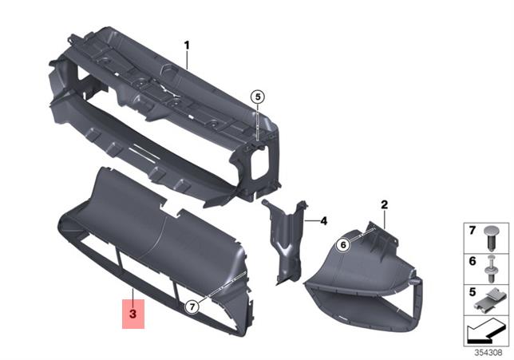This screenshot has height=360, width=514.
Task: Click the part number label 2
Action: pyautogui.click(x=384, y=205)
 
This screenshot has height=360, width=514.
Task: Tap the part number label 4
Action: pyautogui.click(x=325, y=220)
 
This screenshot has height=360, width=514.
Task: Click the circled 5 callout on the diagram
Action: pyautogui.click(x=256, y=97)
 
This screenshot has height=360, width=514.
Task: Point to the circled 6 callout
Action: pyautogui.click(x=342, y=246)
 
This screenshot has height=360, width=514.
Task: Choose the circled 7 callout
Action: pyautogui.click(x=192, y=307)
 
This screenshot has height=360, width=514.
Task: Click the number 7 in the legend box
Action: pyautogui.click(x=471, y=231)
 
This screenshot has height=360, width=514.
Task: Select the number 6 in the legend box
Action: pyautogui.click(x=471, y=261)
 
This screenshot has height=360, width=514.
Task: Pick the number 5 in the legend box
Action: pyautogui.click(x=471, y=293)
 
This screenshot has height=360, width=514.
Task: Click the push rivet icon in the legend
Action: pyautogui.click(x=492, y=235)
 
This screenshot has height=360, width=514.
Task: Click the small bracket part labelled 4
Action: pyautogui.click(x=285, y=239)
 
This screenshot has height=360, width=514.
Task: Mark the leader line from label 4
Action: pyautogui.click(x=312, y=220)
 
